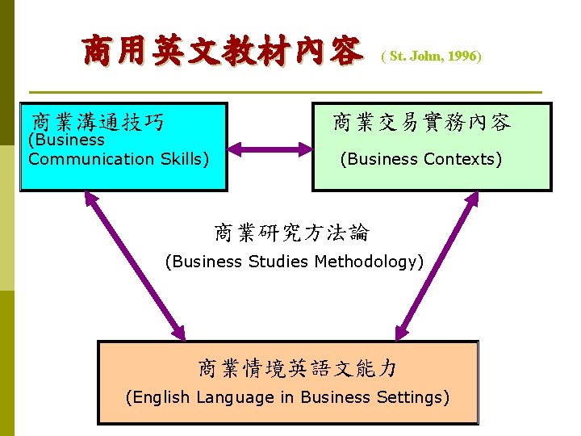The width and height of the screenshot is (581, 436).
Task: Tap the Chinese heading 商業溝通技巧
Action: [98, 122]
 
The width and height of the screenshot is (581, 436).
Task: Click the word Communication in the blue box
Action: [90, 159]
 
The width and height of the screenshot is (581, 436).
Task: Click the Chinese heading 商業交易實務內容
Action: [422, 123]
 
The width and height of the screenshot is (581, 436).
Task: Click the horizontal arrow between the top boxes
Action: [270, 149]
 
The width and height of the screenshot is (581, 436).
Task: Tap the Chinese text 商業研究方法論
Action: [291, 233]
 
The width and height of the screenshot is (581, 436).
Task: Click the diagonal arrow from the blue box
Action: [135, 266]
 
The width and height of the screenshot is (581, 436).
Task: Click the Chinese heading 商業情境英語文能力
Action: [298, 369]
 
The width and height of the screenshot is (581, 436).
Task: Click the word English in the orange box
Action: [159, 397]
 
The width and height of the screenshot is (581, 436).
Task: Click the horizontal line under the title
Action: [285, 91]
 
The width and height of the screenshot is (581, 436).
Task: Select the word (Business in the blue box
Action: [67, 140]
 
